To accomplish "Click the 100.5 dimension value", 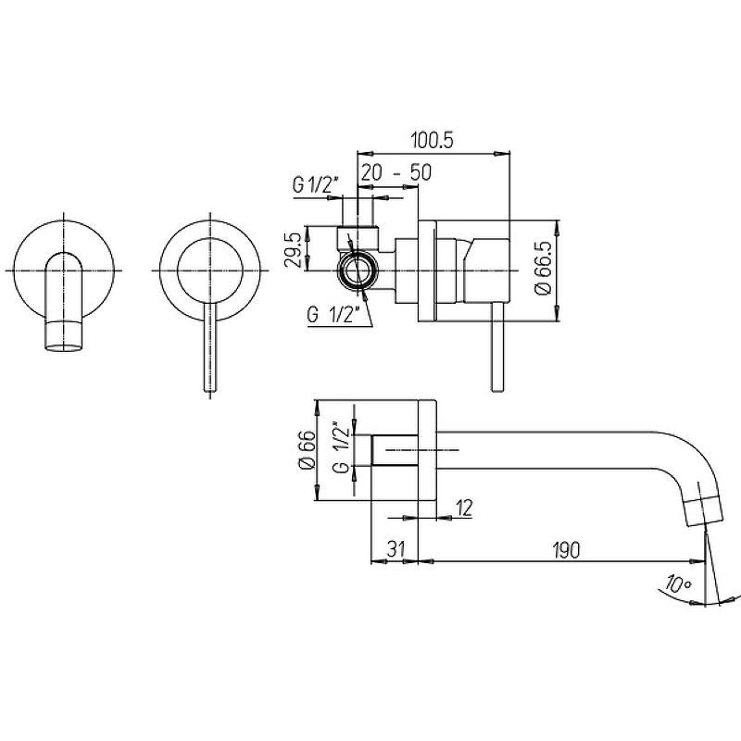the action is click(x=433, y=141).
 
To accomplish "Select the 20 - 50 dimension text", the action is click(x=396, y=173).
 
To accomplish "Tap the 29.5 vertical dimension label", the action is click(x=294, y=249).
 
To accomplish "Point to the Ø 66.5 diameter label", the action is click(x=545, y=268).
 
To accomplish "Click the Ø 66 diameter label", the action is click(x=307, y=449).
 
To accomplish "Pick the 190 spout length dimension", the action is click(x=565, y=549).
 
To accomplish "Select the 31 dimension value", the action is click(x=396, y=549).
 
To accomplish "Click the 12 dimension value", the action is click(x=464, y=509).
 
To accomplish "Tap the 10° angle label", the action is click(x=677, y=584).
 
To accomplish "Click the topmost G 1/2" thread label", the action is click(x=316, y=185).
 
